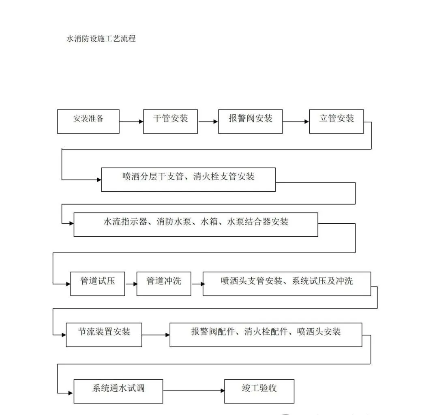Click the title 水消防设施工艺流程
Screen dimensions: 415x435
[101, 39]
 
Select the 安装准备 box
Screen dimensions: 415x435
[88, 121]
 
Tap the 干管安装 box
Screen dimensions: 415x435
[170, 121]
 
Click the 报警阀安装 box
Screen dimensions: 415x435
[250, 121]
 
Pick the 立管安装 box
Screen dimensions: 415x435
[336, 121]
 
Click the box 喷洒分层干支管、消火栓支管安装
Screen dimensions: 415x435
[188, 180]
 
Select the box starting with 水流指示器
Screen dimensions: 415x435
[195, 224]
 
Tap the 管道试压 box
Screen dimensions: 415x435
[97, 284]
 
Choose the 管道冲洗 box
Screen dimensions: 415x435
[163, 284]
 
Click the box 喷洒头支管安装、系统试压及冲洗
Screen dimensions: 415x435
[287, 284]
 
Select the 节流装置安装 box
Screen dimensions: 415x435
[104, 335]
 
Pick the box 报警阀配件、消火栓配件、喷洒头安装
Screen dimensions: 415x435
[266, 335]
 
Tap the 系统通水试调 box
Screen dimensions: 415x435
[118, 391]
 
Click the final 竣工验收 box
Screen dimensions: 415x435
[259, 391]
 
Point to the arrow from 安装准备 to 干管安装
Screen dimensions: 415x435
[131, 121]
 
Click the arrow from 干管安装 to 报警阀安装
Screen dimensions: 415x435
[208, 121]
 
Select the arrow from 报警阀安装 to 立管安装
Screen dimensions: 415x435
[296, 121]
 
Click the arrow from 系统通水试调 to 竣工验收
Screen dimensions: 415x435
[193, 391]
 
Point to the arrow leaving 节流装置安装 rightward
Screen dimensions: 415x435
[155, 335]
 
